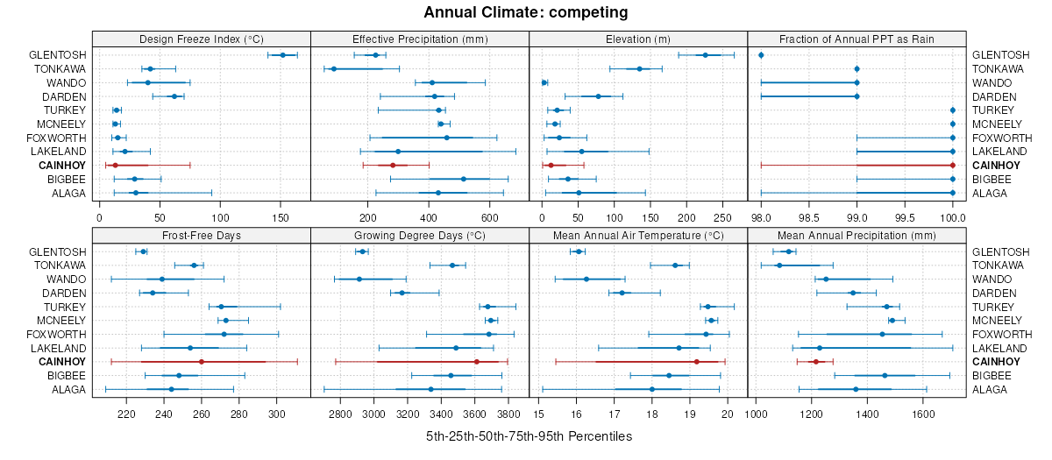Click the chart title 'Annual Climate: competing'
pyautogui.click(x=525, y=12)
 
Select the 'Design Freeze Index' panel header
pyautogui.click(x=201, y=39)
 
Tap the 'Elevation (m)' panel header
pyautogui.click(x=638, y=39)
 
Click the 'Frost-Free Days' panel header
pyautogui.click(x=201, y=235)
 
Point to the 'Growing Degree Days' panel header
pyautogui.click(x=419, y=235)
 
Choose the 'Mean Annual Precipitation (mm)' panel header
pyautogui.click(x=857, y=235)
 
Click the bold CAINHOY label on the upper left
pyautogui.click(x=62, y=166)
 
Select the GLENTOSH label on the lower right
pyautogui.click(x=1001, y=251)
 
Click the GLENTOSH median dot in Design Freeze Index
pyautogui.click(x=282, y=55)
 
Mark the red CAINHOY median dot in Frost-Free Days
pyautogui.click(x=202, y=362)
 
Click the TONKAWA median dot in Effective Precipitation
pyautogui.click(x=334, y=68)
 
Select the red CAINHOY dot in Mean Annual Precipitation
pyautogui.click(x=815, y=362)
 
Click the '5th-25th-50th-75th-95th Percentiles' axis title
pyautogui.click(x=529, y=436)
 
